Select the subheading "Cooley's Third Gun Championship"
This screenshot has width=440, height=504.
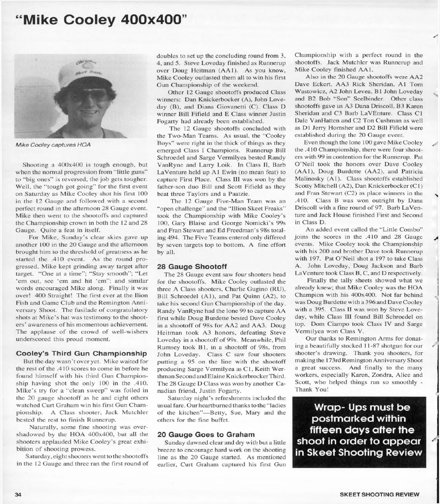(77, 354)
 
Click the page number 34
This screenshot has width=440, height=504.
(18, 494)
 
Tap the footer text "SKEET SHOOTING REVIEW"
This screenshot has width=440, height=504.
(379, 494)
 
